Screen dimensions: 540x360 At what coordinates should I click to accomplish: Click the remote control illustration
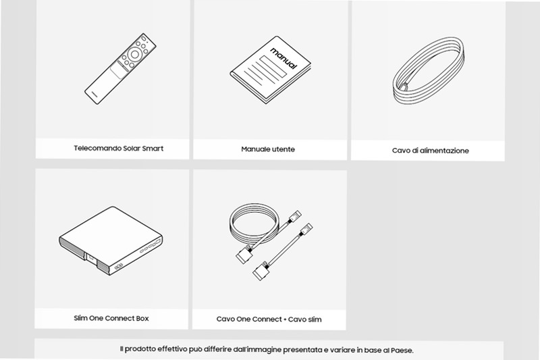point(120,69)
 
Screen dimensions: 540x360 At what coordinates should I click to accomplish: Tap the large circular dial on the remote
point(135,54)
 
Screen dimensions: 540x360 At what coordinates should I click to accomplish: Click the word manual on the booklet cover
point(283,58)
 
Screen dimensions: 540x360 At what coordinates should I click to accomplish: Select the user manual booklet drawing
point(271,70)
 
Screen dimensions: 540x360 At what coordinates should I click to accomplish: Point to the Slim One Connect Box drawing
point(111,241)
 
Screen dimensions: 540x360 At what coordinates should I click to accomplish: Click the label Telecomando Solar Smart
point(119,149)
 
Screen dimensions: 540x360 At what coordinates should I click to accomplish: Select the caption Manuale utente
point(268,149)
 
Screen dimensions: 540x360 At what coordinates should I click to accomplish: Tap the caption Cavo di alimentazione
point(431,151)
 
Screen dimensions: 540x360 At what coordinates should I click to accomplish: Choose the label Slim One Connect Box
point(111,318)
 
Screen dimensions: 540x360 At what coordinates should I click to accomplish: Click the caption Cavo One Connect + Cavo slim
point(269,319)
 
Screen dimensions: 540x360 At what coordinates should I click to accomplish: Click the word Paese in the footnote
point(402,351)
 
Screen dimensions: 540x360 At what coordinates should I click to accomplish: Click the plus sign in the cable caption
point(285,319)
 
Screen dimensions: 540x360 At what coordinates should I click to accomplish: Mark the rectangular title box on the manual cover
point(273,66)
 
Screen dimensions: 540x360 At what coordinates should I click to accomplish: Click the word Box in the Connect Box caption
point(142,318)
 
